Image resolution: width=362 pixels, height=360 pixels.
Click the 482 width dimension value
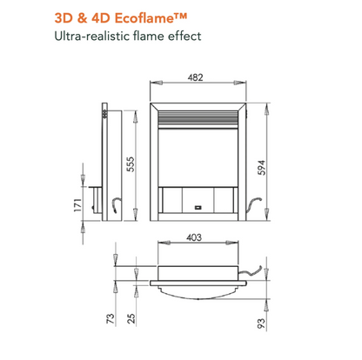(x=195, y=77)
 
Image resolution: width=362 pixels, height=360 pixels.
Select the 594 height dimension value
(x=262, y=167)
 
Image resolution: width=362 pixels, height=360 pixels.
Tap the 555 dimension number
(x=131, y=164)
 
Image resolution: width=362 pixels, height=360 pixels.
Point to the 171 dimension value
(x=77, y=205)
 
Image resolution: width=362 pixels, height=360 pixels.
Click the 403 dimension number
(x=194, y=237)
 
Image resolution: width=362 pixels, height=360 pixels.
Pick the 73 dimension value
(x=111, y=318)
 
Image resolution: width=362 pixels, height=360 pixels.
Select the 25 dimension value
(x=131, y=318)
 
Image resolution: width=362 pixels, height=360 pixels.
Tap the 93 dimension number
(x=261, y=323)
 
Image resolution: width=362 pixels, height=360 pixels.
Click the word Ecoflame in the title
(x=151, y=18)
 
